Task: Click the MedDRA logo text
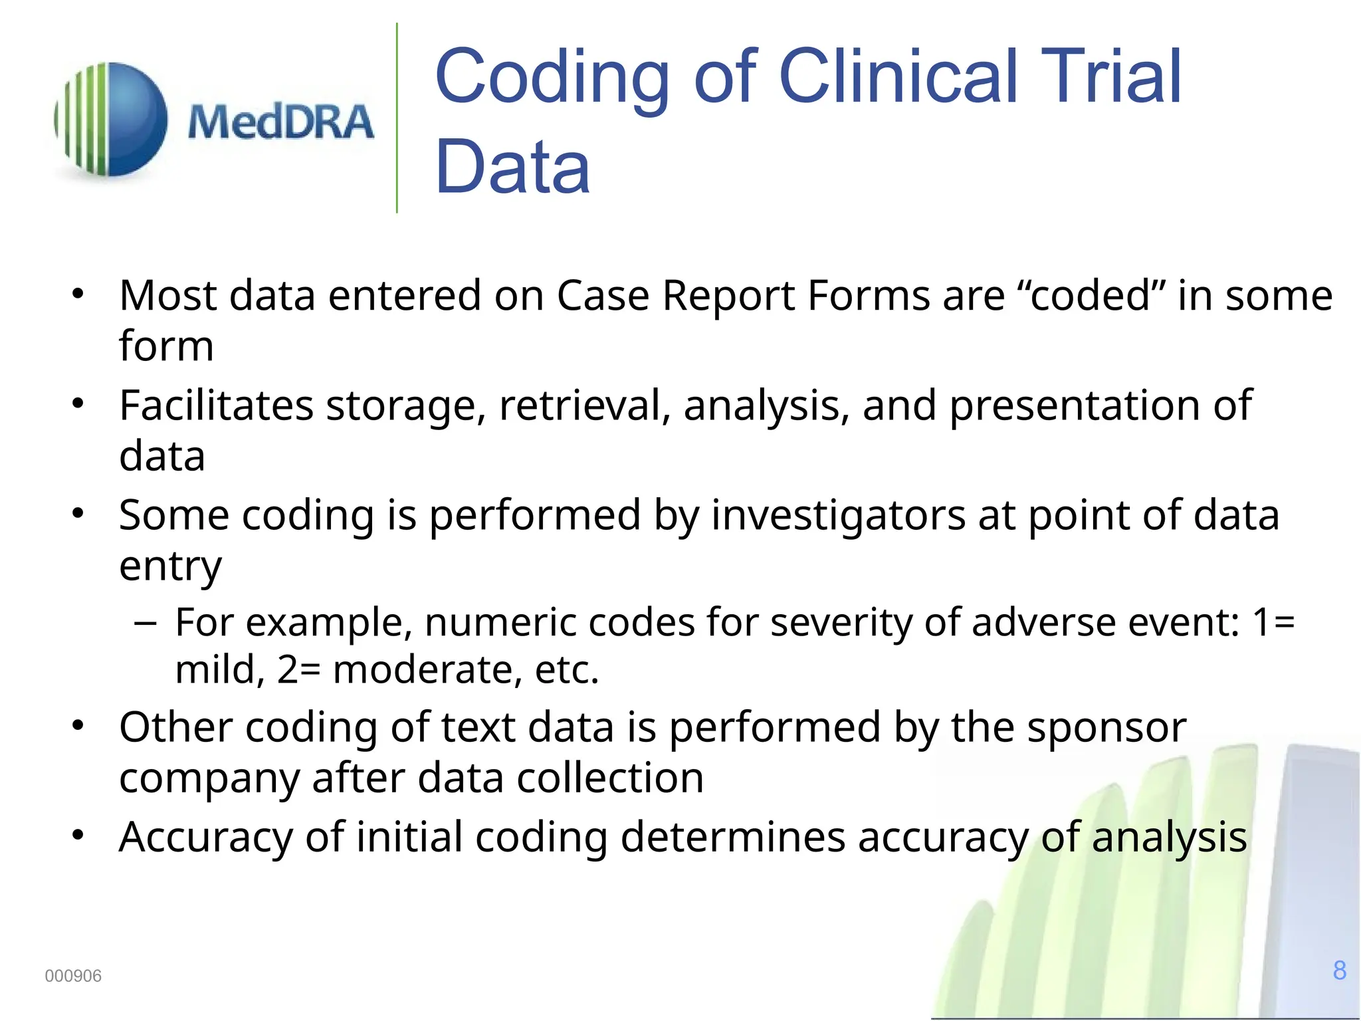coord(280,122)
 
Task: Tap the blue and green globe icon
coord(111,120)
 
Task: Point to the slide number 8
coord(1339,970)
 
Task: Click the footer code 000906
coord(73,976)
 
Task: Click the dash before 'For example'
coord(145,624)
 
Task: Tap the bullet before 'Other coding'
coord(78,726)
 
